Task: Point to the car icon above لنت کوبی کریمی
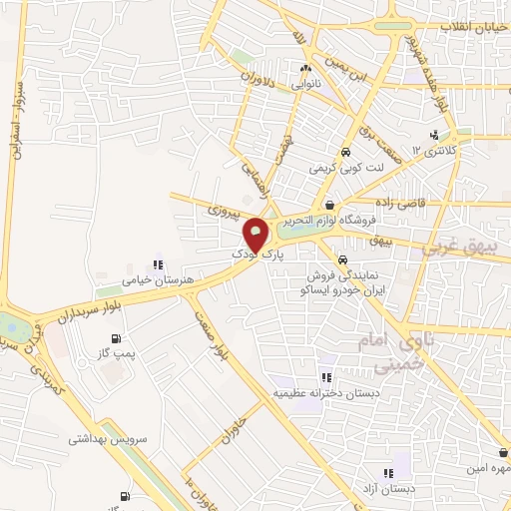click(x=345, y=154)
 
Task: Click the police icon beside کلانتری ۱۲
click(x=433, y=136)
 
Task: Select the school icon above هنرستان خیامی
click(x=157, y=264)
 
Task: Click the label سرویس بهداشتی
click(x=109, y=438)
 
